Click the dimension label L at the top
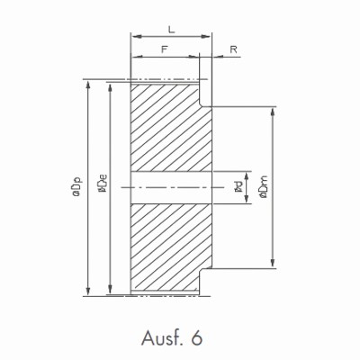(x=171, y=30)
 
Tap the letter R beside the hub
(x=233, y=51)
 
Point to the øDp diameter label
(x=78, y=186)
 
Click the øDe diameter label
(x=102, y=186)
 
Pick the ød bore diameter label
(x=236, y=186)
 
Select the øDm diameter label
(x=262, y=187)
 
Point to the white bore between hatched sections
(x=171, y=187)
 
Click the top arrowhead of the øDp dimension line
(x=87, y=81)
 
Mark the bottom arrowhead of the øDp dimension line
(x=87, y=292)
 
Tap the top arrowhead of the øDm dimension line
(x=273, y=109)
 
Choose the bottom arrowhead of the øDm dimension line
(x=273, y=265)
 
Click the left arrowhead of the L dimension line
(x=135, y=38)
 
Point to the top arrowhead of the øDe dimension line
(x=110, y=87)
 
